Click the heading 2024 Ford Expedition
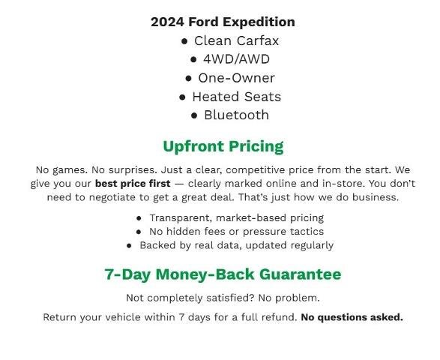tap(223, 22)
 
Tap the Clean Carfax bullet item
tap(236, 40)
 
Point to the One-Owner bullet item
tap(236, 78)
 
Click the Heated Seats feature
tap(236, 97)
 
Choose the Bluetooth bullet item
tap(236, 115)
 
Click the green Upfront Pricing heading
tap(223, 146)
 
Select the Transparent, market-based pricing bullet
tap(236, 218)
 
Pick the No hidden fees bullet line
tap(236, 232)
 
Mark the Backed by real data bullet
tap(236, 245)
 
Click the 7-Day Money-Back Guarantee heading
tap(223, 274)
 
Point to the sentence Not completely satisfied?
tap(184, 298)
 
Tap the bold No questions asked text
tap(352, 317)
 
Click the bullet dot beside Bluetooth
tap(194, 115)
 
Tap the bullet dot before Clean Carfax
tap(184, 41)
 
